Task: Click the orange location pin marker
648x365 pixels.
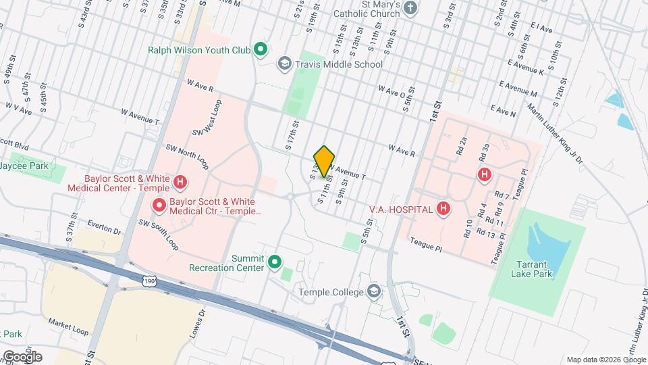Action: (x=325, y=161)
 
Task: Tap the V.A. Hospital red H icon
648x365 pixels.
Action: (x=443, y=209)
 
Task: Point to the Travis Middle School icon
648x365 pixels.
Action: (x=285, y=64)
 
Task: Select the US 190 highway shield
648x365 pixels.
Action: (x=150, y=281)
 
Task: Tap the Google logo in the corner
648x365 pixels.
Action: (x=22, y=356)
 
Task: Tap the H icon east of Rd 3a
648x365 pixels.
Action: (x=483, y=175)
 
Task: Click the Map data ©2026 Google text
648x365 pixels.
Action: (x=605, y=360)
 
